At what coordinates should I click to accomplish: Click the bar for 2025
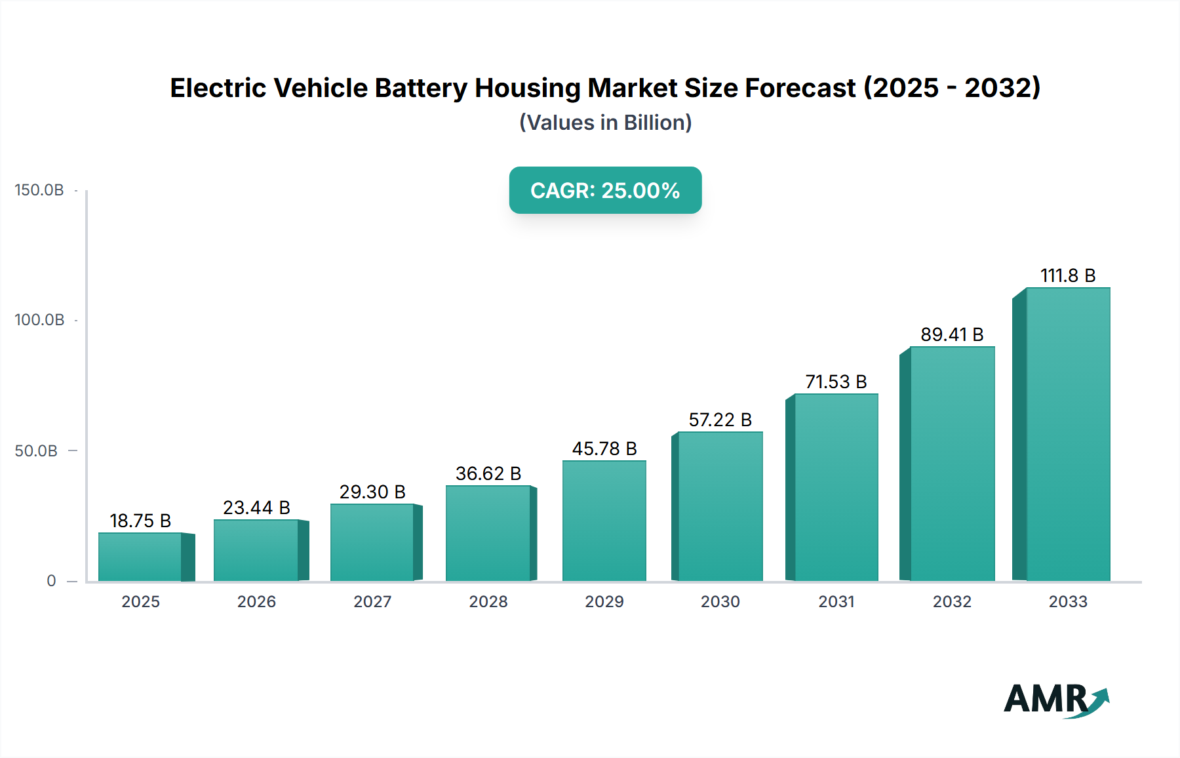[140, 557]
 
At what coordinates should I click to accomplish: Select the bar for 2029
[604, 521]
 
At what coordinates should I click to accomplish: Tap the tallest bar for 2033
[1068, 434]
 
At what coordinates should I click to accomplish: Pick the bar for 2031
[836, 487]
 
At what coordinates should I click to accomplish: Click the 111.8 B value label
[1068, 275]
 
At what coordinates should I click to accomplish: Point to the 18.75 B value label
[140, 521]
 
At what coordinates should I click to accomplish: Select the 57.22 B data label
[720, 420]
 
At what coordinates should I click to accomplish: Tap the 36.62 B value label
[488, 473]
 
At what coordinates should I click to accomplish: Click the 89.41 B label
[952, 334]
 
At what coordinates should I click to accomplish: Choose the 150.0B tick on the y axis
[39, 190]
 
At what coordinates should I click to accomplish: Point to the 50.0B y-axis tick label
[36, 451]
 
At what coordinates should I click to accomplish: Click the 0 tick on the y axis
[51, 581]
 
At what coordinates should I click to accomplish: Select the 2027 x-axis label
[372, 601]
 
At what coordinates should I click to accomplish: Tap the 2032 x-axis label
[952, 601]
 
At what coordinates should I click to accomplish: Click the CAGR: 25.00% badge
[605, 190]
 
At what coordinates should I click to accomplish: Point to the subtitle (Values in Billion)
[605, 123]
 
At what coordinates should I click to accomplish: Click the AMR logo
[1055, 700]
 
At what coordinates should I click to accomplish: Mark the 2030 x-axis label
[720, 601]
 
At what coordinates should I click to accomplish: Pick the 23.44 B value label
[256, 508]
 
